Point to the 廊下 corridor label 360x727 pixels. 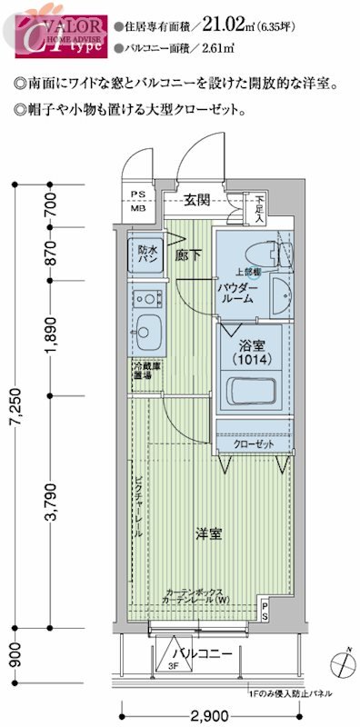pyautogui.click(x=187, y=257)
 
